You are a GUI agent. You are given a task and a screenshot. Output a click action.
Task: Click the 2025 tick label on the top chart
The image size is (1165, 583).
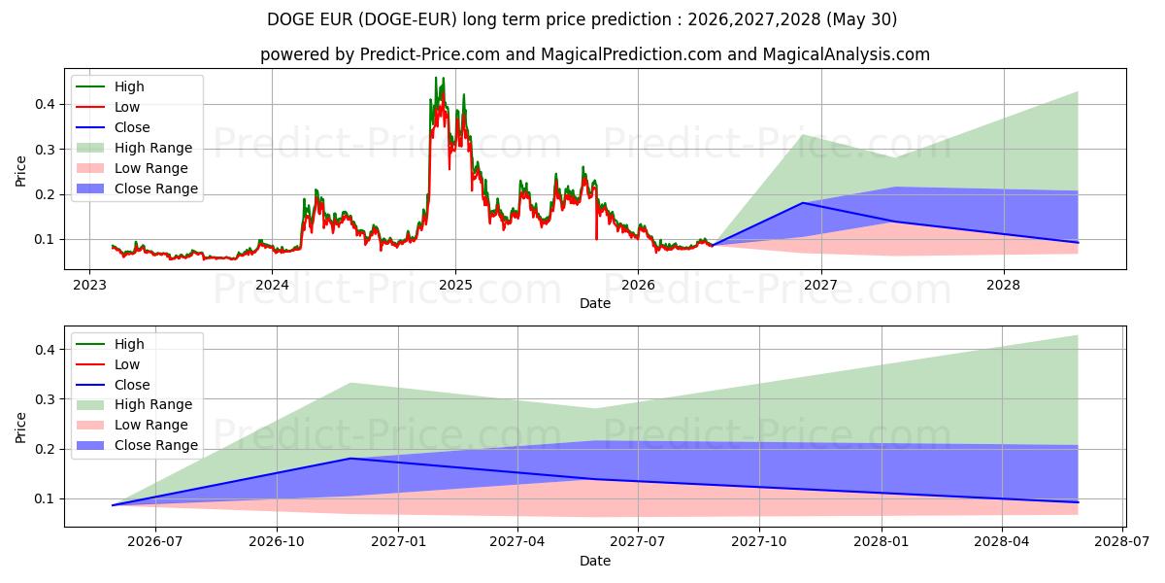coord(455,286)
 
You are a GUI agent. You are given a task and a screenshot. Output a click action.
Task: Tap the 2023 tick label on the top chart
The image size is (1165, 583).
coord(89,286)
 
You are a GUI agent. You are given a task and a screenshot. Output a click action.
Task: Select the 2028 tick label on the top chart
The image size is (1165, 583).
coord(1003,286)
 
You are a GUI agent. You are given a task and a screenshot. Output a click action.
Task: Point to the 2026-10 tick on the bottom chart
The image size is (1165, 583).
coord(277,542)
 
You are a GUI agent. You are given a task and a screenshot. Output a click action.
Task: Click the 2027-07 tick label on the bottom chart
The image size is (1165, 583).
coord(638,542)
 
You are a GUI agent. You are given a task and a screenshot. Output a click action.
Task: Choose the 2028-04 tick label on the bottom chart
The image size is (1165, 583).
coord(1002,542)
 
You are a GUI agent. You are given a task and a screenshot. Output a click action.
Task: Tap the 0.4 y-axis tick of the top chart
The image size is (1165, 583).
coord(45,104)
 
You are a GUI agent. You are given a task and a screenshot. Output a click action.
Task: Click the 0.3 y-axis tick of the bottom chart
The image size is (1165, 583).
coord(45,399)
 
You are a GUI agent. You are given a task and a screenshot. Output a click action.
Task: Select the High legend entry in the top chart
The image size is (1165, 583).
coord(111,86)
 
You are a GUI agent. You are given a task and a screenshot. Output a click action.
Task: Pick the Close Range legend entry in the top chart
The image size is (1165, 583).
coord(137,189)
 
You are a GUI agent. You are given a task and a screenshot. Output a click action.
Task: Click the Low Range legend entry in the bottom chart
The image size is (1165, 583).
coord(132,425)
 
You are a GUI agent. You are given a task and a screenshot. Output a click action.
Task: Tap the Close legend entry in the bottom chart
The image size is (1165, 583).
coord(114,385)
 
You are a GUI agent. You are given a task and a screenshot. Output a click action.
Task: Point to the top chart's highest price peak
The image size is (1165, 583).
coord(436,78)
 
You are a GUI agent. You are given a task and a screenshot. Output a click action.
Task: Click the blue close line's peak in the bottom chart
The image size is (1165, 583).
coord(351,458)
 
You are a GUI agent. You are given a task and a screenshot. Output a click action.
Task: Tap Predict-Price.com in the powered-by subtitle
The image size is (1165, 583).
coord(430,54)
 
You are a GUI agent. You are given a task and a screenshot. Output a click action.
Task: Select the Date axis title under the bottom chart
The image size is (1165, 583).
coord(595,561)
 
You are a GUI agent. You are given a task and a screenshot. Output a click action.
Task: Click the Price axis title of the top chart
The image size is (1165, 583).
coord(20,171)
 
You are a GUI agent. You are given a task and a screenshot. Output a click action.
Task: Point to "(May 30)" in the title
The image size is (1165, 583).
coord(861,19)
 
